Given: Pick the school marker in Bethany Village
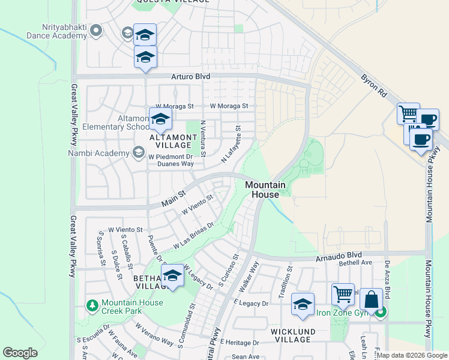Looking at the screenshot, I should pyautogui.click(x=172, y=275).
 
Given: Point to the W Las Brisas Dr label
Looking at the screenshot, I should pyautogui.click(x=193, y=236).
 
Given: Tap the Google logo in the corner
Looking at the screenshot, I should pyautogui.click(x=20, y=353).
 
